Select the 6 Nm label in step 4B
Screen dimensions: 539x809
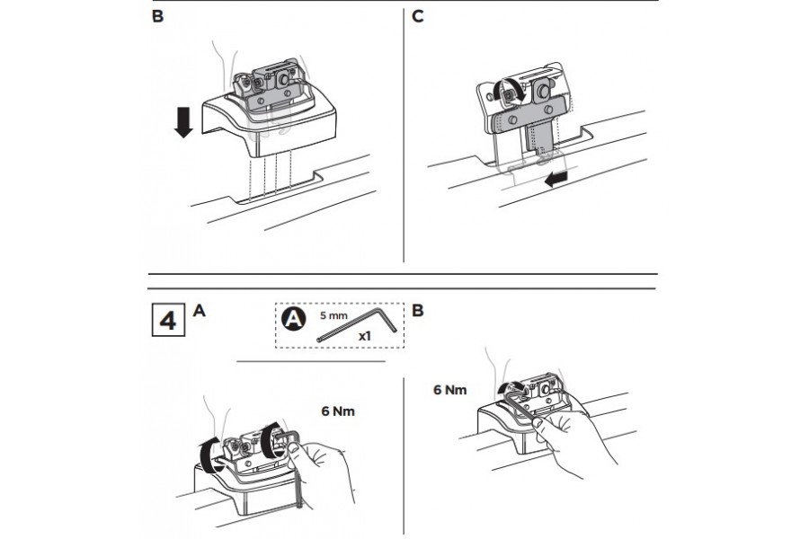point(449,390)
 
